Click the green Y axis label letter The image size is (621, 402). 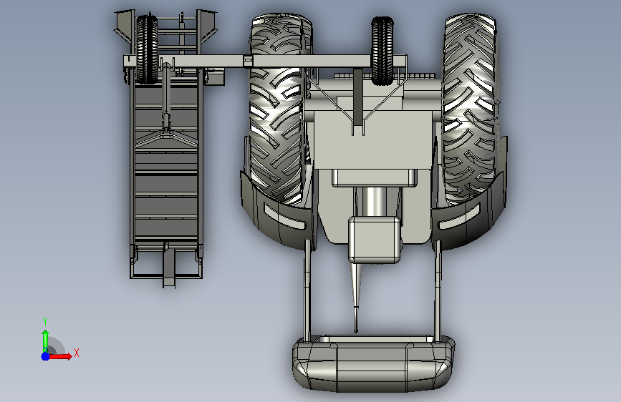45,322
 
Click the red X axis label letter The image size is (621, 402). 77,353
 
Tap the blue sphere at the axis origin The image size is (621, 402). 46,356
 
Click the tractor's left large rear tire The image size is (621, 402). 279,108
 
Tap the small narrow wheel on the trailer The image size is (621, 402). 147,49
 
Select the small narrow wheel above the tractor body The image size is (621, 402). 382,51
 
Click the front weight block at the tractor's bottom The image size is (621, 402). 373,364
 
